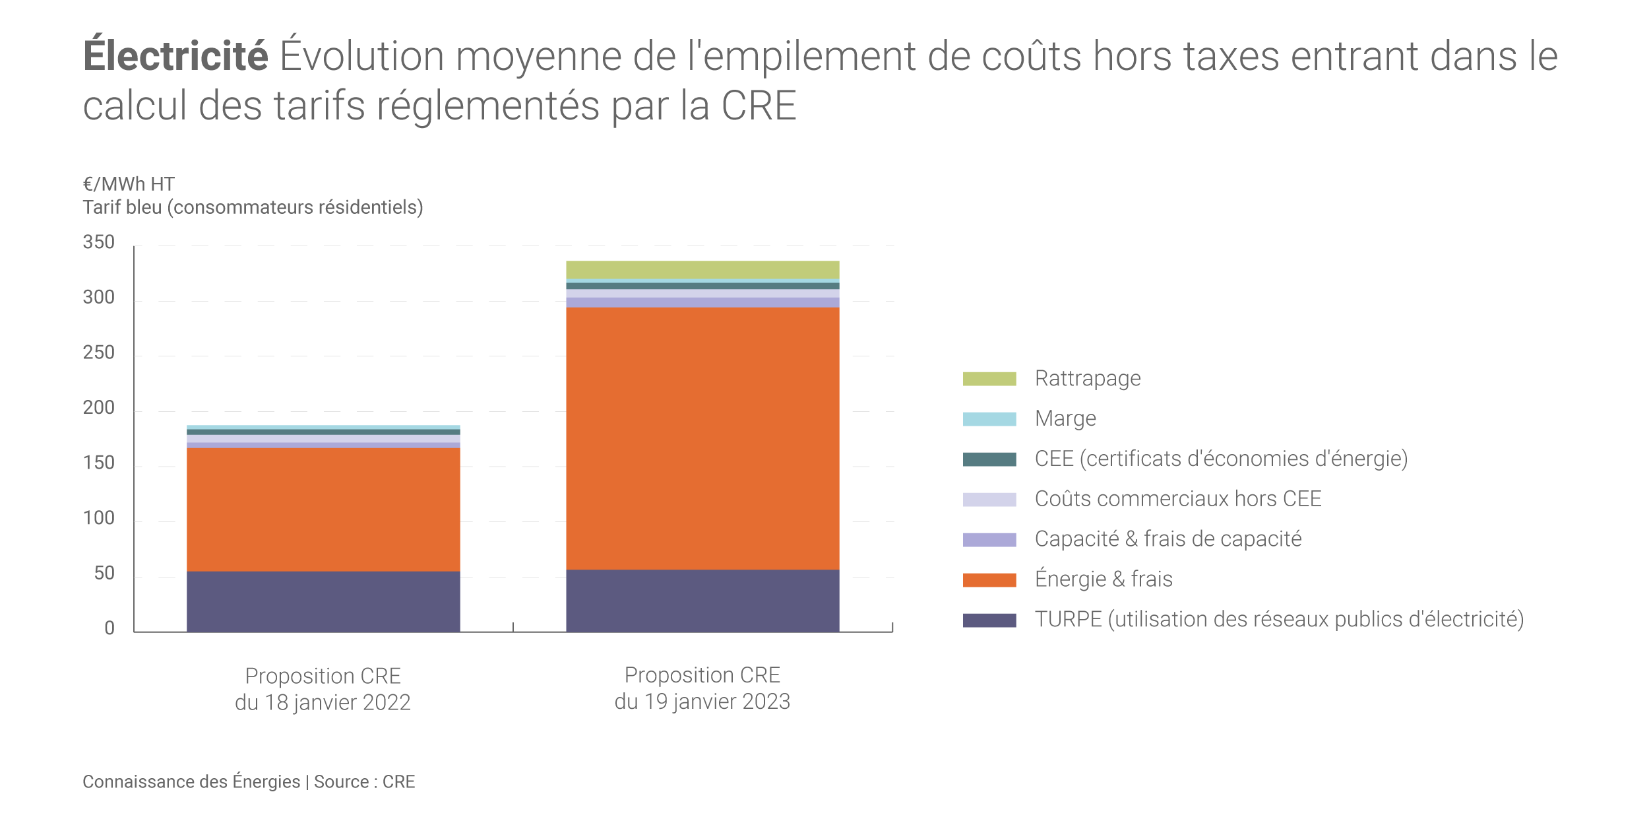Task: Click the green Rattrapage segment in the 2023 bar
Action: click(702, 269)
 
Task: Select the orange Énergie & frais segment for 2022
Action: click(323, 509)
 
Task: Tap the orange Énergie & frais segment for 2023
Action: click(702, 438)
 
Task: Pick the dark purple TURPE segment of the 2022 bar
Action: click(323, 601)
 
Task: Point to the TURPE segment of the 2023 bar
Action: click(702, 601)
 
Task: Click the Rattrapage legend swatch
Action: click(989, 379)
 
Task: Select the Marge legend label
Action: click(1065, 418)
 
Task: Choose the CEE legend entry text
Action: click(1221, 459)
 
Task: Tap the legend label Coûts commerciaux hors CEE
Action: click(1178, 499)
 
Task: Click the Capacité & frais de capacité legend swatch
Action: click(989, 540)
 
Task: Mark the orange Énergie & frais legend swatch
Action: click(989, 580)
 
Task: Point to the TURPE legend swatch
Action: click(989, 620)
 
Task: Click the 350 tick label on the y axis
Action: click(99, 242)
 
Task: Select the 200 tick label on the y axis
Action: click(99, 408)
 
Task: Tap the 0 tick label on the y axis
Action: click(109, 628)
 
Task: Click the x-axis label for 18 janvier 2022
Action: click(323, 689)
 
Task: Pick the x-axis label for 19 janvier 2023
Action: click(702, 688)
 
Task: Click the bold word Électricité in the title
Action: click(175, 56)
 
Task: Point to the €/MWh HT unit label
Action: click(129, 184)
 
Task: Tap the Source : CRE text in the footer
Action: click(364, 782)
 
